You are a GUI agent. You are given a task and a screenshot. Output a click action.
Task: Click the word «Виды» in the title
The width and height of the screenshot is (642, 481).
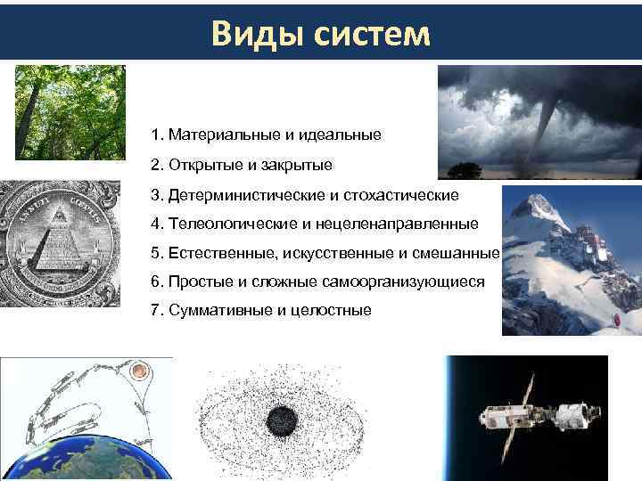tap(253, 33)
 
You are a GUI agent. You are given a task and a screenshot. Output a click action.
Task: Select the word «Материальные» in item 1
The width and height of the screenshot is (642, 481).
tap(224, 135)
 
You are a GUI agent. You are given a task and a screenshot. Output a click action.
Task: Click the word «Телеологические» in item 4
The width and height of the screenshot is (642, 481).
tap(226, 224)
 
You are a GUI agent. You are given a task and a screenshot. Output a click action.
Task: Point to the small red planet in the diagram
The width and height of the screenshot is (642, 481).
tap(137, 369)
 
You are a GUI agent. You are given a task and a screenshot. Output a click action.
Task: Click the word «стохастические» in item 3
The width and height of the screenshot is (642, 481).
tap(409, 194)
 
